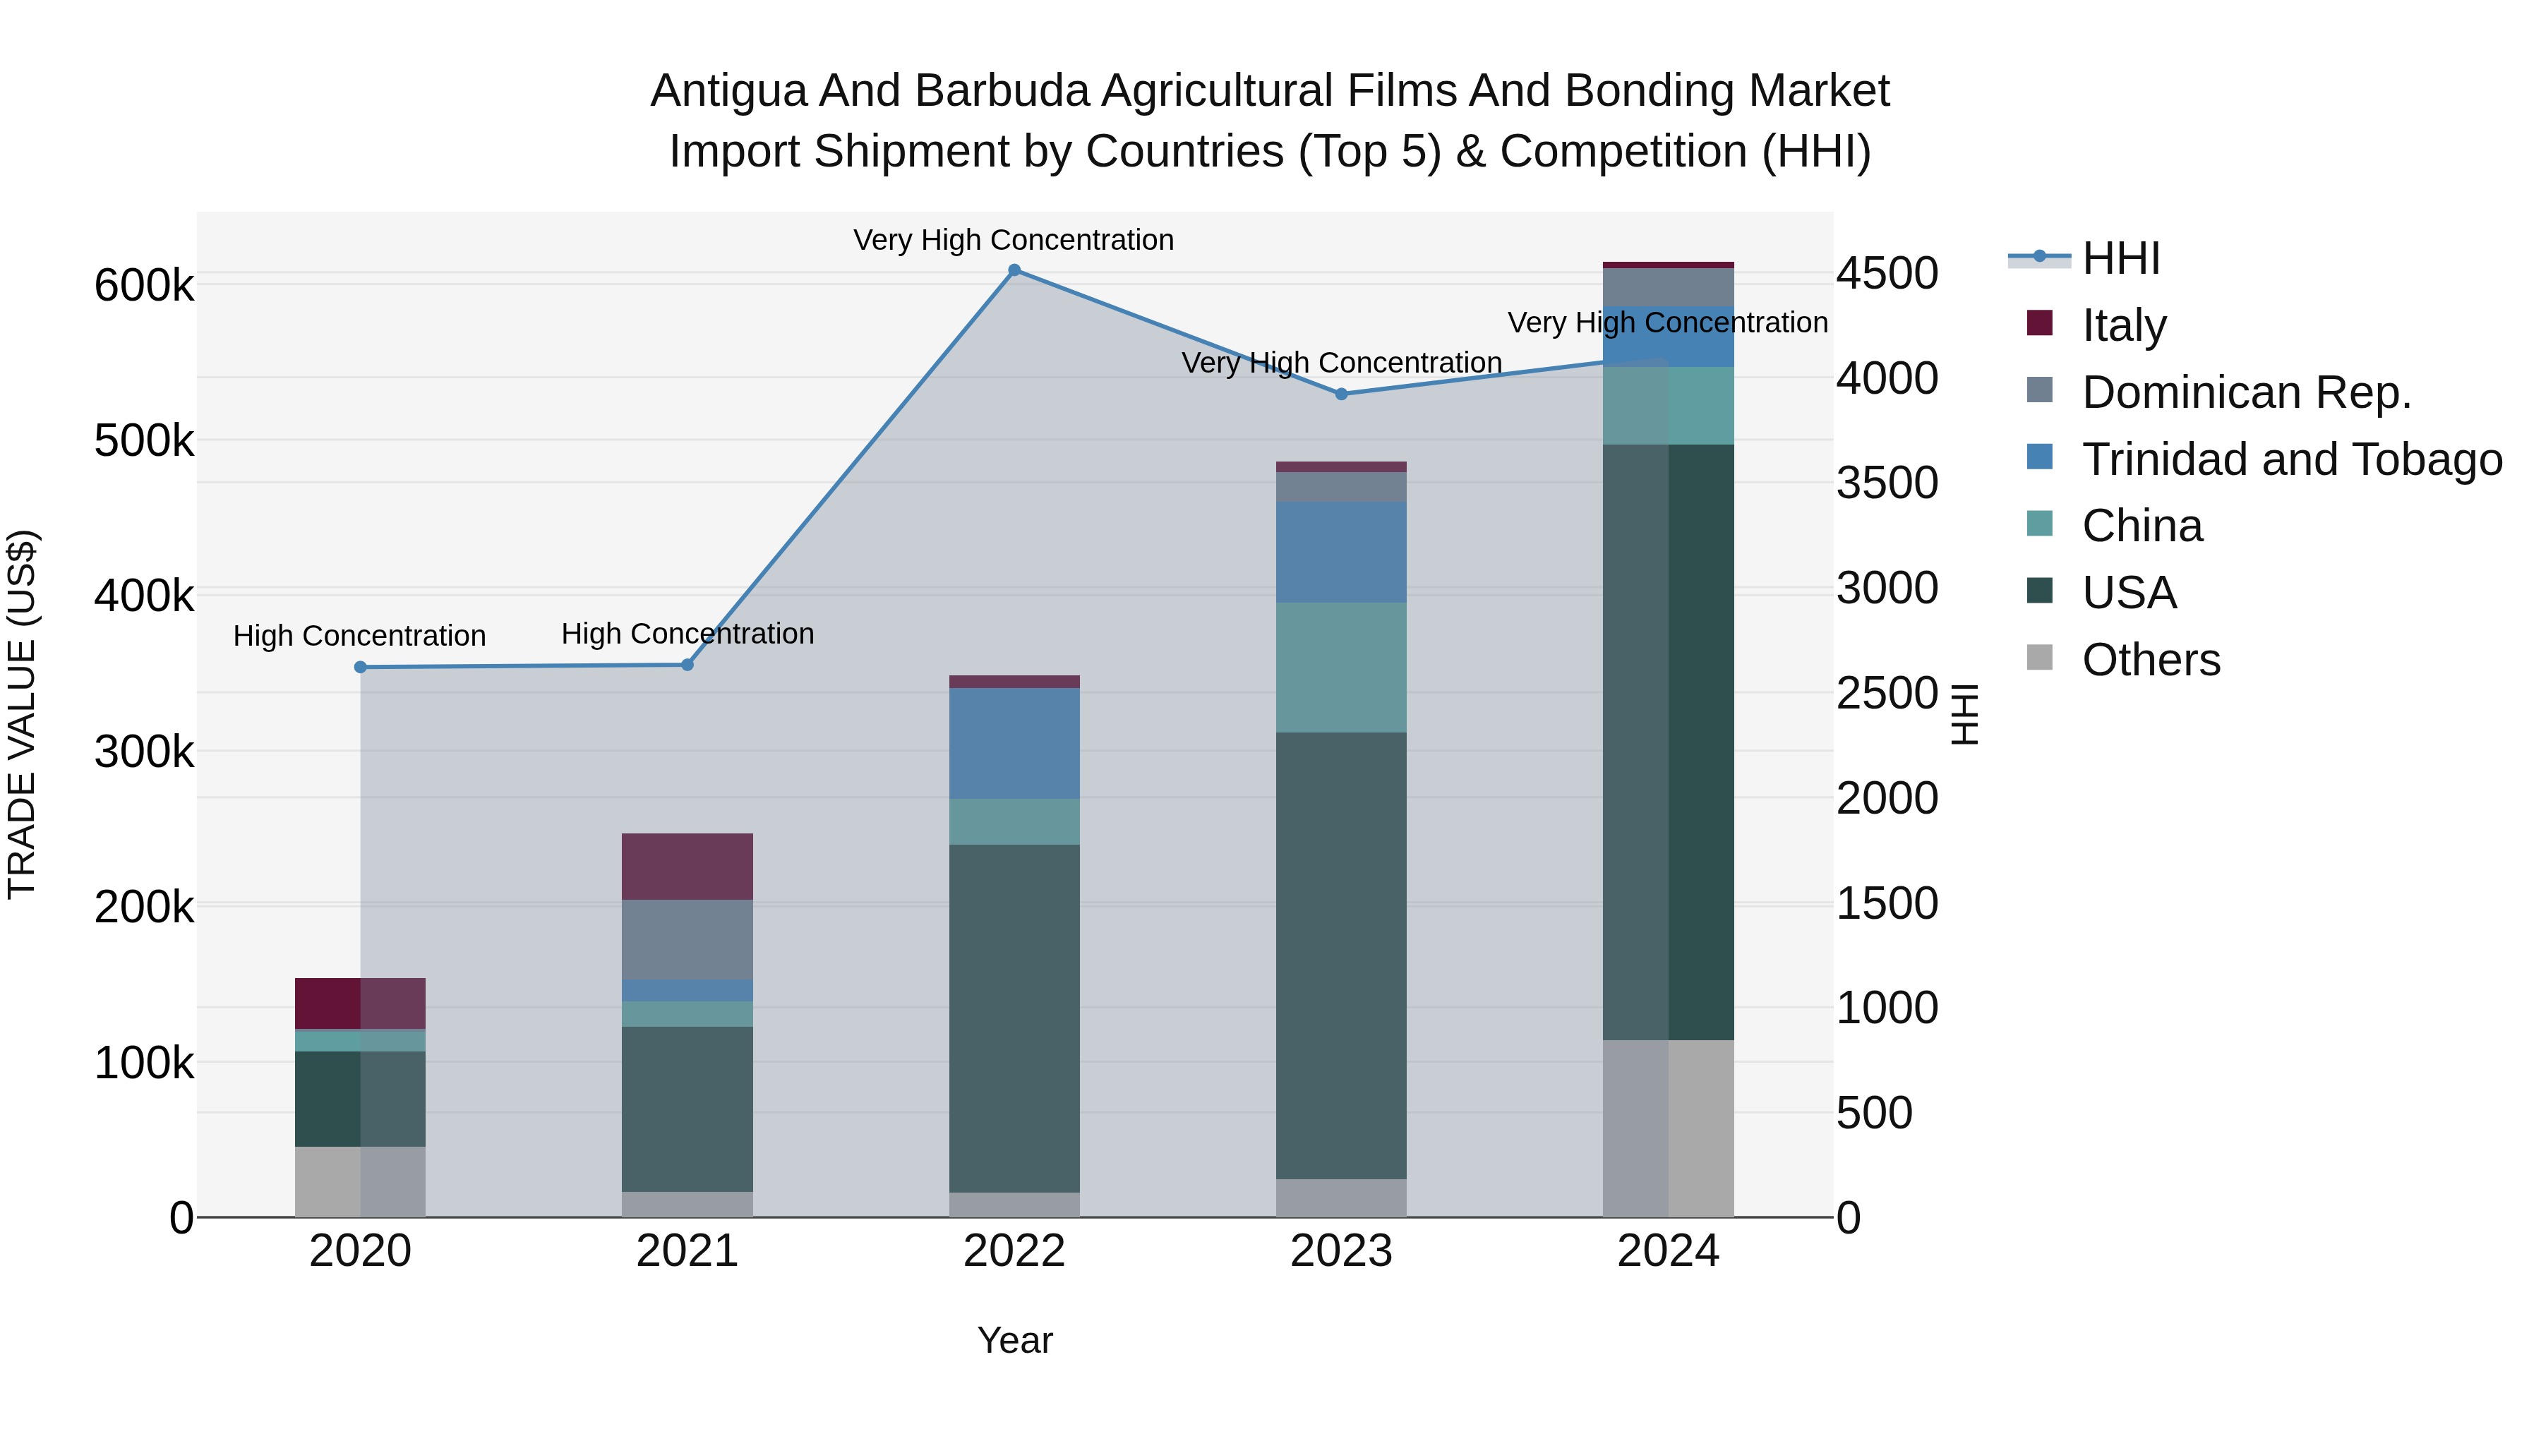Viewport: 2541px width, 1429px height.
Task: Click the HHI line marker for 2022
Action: [x=1014, y=270]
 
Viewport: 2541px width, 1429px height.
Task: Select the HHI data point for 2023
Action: [x=1340, y=394]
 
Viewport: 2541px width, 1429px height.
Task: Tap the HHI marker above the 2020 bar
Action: [x=360, y=668]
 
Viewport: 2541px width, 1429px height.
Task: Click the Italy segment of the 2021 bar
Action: [x=687, y=866]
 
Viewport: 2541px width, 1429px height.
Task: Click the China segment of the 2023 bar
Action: [x=1340, y=667]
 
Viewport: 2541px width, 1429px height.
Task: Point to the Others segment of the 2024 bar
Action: [x=1667, y=1128]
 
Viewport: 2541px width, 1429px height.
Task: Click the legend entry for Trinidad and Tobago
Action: [x=2290, y=459]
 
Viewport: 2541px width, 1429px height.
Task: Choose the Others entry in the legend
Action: [x=2151, y=660]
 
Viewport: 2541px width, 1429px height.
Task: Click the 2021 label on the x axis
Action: [x=687, y=1251]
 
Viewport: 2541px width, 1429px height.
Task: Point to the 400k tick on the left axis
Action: [x=144, y=596]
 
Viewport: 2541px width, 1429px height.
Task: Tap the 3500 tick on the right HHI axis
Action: [x=1886, y=483]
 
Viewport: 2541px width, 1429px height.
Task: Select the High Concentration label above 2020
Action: [x=359, y=636]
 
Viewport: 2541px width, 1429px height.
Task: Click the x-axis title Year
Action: [x=1014, y=1340]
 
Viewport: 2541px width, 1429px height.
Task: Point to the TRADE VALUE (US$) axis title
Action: [x=22, y=714]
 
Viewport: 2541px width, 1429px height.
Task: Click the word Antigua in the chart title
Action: [x=728, y=91]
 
